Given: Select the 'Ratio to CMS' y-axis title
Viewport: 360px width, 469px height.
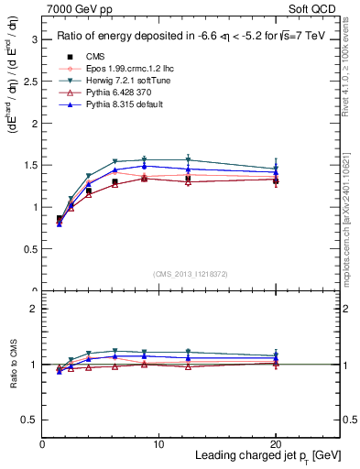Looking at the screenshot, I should click(14, 365).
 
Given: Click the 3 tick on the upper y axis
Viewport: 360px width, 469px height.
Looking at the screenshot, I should click(36, 39).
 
